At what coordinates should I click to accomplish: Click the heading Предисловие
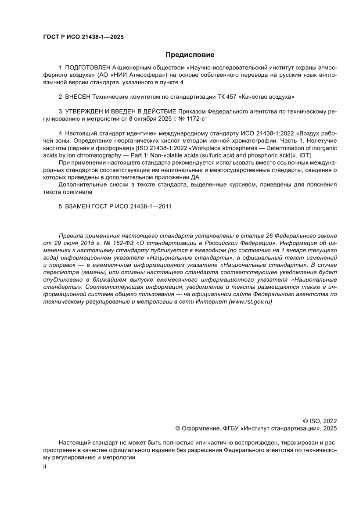[190, 55]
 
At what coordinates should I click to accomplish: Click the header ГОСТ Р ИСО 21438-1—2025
[83, 37]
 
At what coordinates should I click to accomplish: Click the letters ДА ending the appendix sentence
[195, 177]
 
